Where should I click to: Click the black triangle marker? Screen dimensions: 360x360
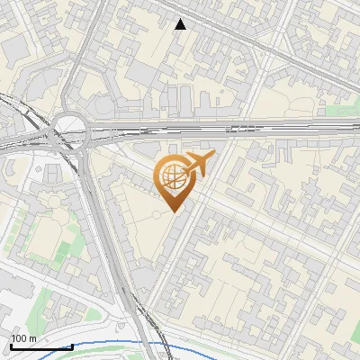[181, 24]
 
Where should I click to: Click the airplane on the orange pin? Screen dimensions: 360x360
[198, 165]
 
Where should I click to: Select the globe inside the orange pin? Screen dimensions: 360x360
[173, 177]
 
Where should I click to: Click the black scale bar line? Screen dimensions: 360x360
[41, 346]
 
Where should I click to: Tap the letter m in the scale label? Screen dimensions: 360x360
[33, 338]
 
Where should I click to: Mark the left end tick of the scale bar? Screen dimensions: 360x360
[11, 346]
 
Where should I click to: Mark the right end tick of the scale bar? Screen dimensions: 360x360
[72, 346]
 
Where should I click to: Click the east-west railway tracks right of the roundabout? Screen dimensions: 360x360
[225, 128]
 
